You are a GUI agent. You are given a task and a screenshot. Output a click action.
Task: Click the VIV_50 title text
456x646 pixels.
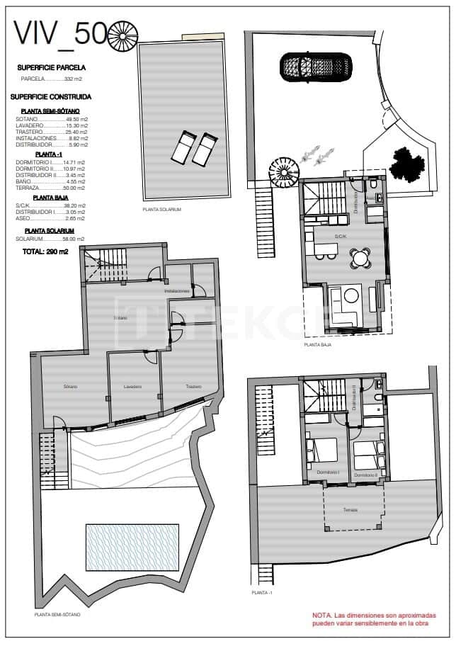point(61,33)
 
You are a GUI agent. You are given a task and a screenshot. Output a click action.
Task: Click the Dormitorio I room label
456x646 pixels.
point(328,473)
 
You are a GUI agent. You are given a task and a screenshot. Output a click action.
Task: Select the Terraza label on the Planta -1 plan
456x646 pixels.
point(350,509)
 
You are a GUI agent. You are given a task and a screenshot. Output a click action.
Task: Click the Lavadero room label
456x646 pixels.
point(132,387)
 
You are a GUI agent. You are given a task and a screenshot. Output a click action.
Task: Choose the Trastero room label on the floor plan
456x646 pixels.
point(193,387)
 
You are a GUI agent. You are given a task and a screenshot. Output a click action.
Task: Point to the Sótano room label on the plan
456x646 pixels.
point(70,387)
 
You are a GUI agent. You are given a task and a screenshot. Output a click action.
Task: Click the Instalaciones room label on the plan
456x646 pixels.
point(177,291)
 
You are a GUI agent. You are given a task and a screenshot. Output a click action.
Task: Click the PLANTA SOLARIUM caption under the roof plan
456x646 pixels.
point(162,210)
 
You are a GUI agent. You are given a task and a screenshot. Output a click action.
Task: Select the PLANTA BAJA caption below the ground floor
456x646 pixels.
point(318,344)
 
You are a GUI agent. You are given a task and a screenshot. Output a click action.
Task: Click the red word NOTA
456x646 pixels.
point(323,616)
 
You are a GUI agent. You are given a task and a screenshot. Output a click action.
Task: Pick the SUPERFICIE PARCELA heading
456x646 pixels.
point(52,68)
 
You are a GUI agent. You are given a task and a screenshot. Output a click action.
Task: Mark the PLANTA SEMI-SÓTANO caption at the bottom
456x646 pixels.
point(57,615)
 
